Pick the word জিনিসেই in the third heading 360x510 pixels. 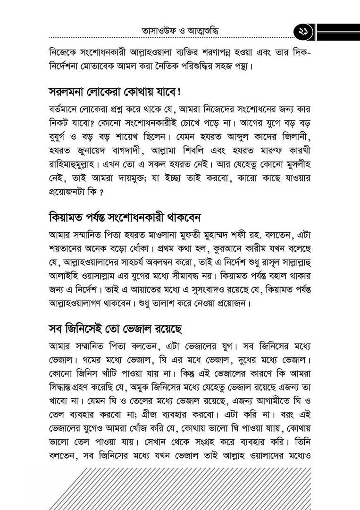(88, 327)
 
